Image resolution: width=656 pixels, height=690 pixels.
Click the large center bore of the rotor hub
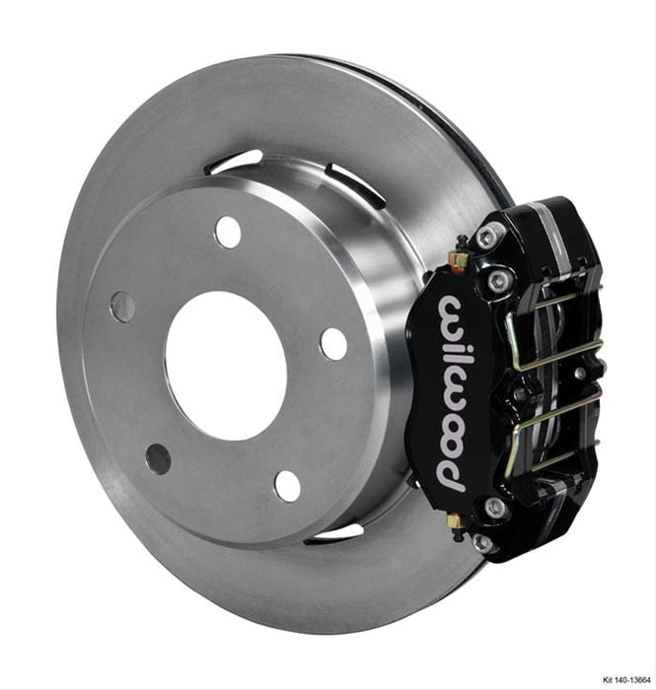[225, 366]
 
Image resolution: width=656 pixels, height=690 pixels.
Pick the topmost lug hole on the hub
[228, 232]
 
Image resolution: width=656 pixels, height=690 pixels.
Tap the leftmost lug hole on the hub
[123, 307]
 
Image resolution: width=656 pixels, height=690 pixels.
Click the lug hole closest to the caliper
[333, 343]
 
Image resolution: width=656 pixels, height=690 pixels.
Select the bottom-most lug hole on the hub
[287, 485]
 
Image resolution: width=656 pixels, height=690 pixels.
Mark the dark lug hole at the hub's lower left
[158, 458]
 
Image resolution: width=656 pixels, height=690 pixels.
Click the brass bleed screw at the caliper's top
[456, 258]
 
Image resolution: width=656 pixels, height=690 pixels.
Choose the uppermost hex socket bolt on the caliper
[489, 236]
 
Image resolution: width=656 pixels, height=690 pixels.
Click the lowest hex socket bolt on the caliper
[484, 542]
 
